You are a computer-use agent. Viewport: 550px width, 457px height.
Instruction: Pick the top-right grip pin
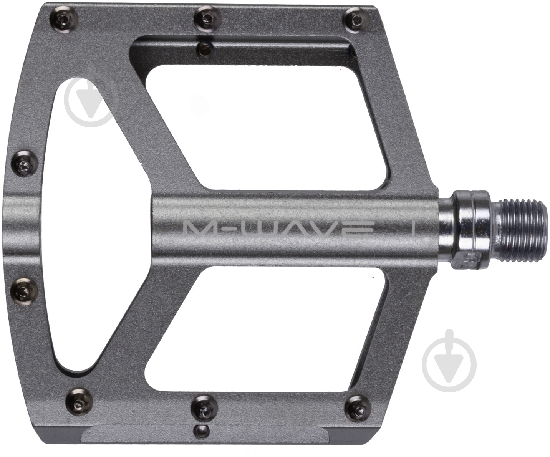click(x=356, y=20)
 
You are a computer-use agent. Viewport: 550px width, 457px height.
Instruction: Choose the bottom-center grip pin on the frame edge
click(x=205, y=409)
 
